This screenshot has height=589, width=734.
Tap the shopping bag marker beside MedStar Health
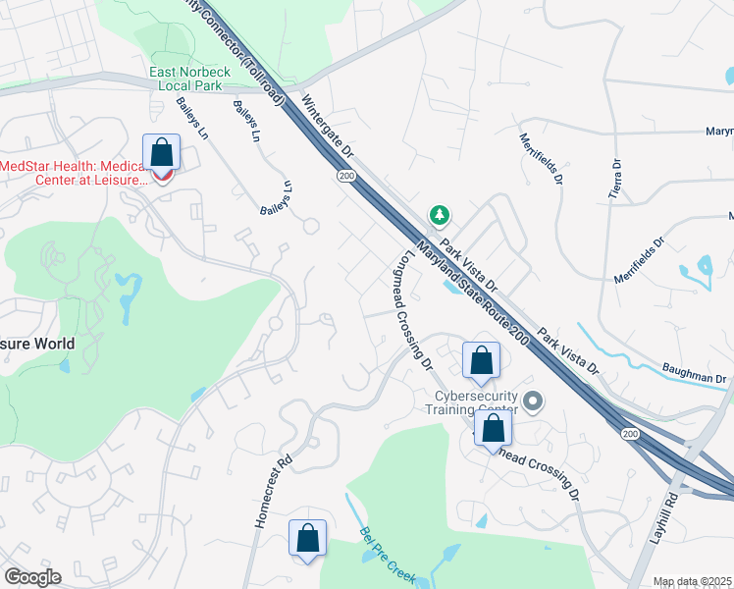161,155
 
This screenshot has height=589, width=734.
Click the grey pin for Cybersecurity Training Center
533,401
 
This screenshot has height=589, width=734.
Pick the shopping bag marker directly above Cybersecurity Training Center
481,361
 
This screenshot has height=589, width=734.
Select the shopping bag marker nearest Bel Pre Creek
308,538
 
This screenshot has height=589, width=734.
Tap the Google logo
32,576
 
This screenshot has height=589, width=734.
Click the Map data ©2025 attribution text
692,581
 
